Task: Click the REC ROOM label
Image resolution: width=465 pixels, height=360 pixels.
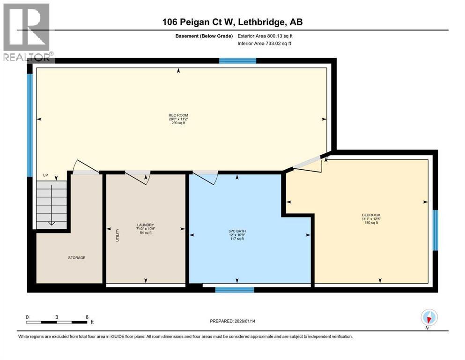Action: click(x=178, y=115)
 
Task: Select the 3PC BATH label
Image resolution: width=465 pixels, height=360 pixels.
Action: click(x=237, y=231)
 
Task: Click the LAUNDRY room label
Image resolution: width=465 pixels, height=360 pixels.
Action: click(x=146, y=225)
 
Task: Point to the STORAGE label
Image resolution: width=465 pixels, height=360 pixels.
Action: click(x=76, y=257)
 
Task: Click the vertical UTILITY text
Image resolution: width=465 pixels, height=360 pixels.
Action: click(x=118, y=234)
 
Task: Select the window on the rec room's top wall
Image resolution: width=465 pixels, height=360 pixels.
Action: click(x=238, y=61)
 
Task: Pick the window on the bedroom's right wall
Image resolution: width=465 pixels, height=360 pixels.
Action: click(x=435, y=230)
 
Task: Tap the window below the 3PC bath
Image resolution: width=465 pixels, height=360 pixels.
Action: click(x=234, y=290)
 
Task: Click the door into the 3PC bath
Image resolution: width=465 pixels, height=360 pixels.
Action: click(x=205, y=176)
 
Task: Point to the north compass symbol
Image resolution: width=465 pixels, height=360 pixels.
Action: click(x=429, y=317)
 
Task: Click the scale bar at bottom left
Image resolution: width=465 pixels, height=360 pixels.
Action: click(x=57, y=322)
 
